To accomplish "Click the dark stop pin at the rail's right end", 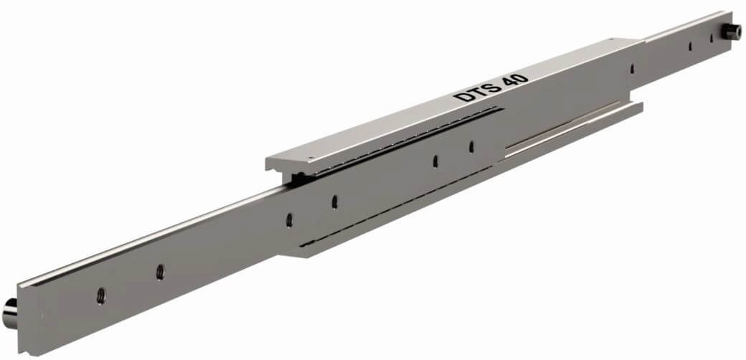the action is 731,32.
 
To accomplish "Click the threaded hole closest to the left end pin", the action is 101,295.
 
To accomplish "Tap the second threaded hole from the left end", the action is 160,272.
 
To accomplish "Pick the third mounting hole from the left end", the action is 289,219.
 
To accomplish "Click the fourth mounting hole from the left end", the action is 334,202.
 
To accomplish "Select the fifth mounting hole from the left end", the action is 435,161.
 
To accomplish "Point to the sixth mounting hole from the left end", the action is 471,147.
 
